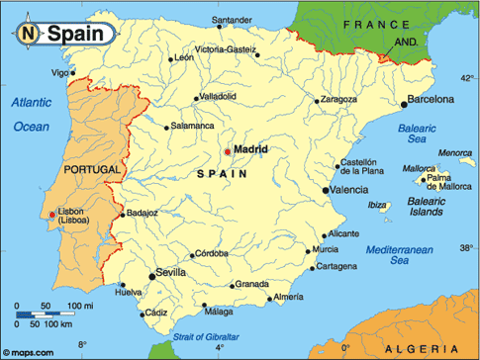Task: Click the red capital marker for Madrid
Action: coord(228,151)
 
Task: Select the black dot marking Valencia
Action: coord(327,189)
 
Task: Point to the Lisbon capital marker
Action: coord(52,215)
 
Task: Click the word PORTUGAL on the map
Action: coord(90,170)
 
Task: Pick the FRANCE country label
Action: coord(376,23)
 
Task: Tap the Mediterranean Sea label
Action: coord(400,256)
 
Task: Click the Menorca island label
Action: coord(455,152)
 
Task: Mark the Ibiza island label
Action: coord(378,206)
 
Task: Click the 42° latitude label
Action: coord(467,76)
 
